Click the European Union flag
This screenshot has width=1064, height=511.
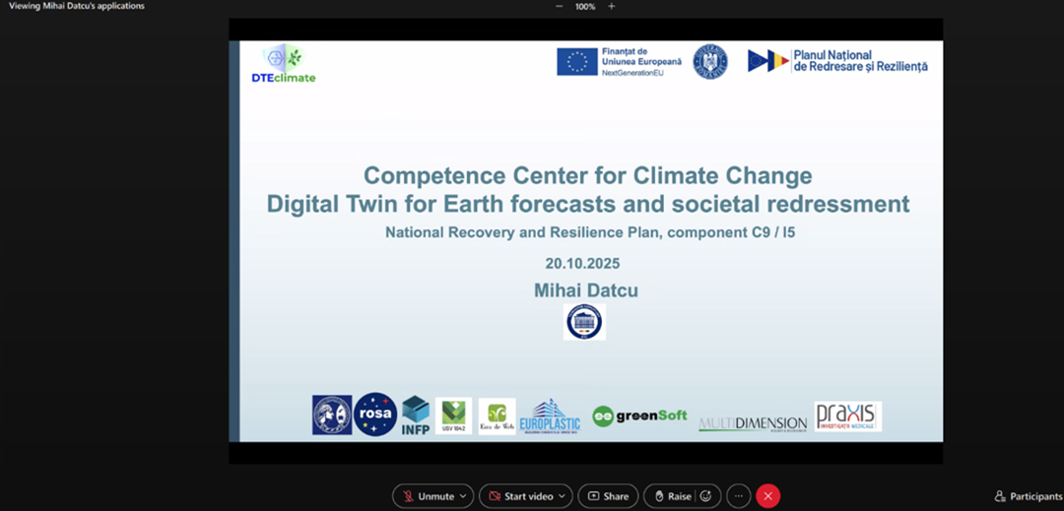[576, 62]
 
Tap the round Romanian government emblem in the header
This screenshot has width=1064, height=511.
[709, 62]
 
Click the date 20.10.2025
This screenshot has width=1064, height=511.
[582, 264]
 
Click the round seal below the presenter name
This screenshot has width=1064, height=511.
[584, 322]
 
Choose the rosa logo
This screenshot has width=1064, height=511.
[375, 415]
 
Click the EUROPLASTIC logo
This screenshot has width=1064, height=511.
[550, 416]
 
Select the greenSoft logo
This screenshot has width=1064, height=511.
[639, 415]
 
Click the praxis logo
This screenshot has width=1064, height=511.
[847, 415]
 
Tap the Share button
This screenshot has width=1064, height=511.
[608, 496]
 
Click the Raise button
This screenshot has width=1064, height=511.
[672, 496]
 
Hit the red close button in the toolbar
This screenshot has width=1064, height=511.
[768, 496]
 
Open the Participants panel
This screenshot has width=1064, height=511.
[1029, 496]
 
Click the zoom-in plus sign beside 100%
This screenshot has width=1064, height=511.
[611, 6]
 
